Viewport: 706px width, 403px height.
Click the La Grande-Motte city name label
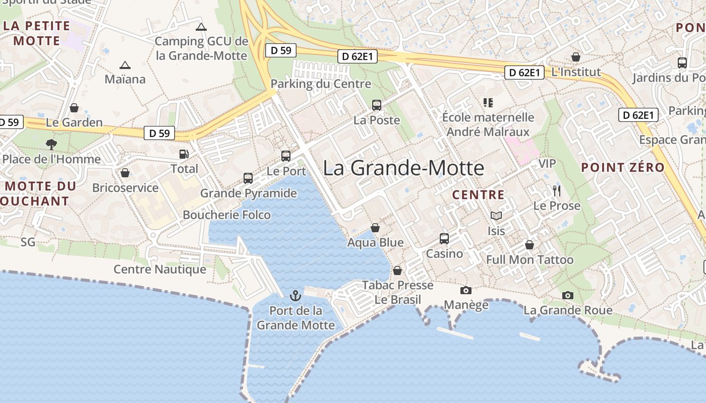403,168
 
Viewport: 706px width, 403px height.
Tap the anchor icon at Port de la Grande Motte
296,296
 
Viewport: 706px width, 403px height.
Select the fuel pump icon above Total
184,154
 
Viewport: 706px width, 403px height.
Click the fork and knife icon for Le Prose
557,191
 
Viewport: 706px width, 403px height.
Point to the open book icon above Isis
496,216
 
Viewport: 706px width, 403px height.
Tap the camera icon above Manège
466,290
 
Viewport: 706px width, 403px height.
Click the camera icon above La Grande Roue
568,295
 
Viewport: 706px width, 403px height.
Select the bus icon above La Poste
377,105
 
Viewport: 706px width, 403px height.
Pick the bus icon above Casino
444,238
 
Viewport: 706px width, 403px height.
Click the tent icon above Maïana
125,65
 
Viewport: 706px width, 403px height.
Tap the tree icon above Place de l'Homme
51,145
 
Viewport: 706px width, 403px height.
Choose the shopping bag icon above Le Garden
74,108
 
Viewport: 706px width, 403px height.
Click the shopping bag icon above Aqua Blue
375,228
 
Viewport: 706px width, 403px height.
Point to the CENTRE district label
478,195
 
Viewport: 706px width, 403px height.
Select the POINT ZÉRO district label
623,168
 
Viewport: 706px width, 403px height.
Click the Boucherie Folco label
226,215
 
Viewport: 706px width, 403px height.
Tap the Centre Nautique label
160,270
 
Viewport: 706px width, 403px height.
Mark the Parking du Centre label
321,84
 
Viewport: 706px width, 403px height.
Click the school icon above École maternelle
488,103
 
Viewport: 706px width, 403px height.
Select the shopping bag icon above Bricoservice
125,173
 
